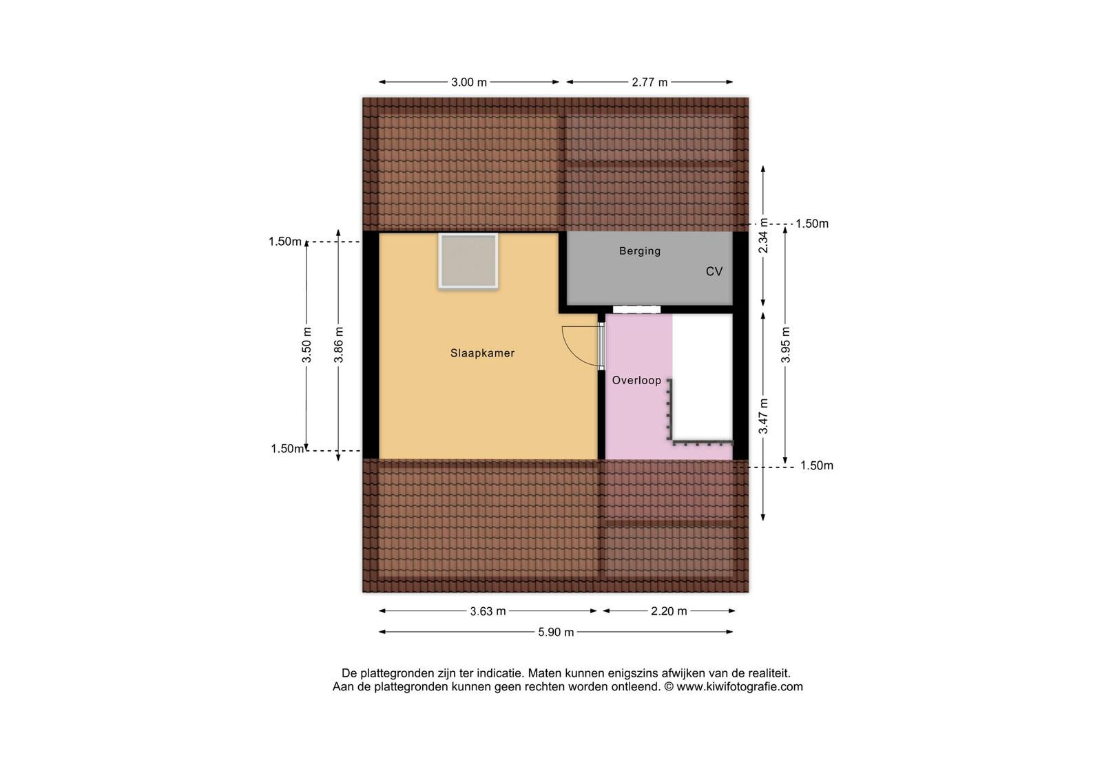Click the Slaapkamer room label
pos(482,353)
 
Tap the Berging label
pos(640,251)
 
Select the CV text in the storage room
pos(714,271)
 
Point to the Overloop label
pos(636,380)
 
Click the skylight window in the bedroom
pos(468,261)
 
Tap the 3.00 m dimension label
pos(469,82)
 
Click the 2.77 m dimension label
pos(649,82)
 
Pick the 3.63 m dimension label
pos(488,611)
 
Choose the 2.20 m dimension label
pos(669,611)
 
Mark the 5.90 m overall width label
pos(556,633)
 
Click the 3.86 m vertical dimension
pos(338,345)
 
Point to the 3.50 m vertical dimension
pos(306,345)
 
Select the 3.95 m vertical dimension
pos(786,345)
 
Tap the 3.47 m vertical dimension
pos(763,416)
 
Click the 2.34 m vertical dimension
pos(763,235)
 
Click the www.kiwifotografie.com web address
pos(740,687)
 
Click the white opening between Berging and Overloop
pos(636,309)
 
